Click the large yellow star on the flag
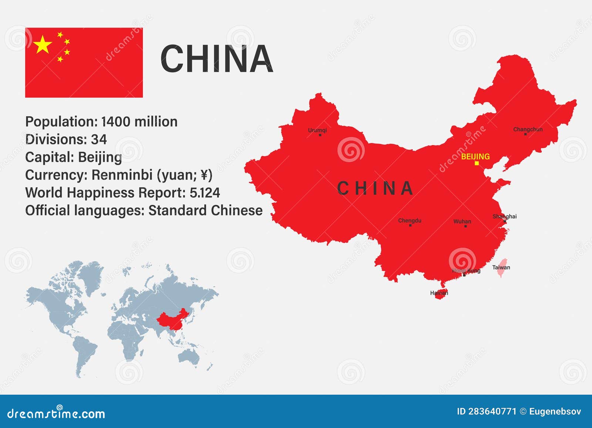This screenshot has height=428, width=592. click(43, 45)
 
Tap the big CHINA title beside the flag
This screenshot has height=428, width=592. click(216, 58)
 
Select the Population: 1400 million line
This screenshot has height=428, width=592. click(101, 122)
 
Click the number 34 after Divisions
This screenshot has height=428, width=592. click(99, 140)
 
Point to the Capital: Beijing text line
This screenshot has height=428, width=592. click(74, 157)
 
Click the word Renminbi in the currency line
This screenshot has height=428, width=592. click(122, 175)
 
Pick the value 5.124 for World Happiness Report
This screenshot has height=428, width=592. click(205, 193)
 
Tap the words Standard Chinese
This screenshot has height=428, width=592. click(205, 211)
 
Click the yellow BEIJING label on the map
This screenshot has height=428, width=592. click(475, 157)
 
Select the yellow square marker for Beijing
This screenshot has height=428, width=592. click(477, 163)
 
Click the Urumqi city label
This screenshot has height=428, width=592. click(317, 130)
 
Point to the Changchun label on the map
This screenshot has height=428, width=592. click(528, 129)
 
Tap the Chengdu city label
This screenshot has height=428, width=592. click(410, 221)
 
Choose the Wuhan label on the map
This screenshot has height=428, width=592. click(462, 221)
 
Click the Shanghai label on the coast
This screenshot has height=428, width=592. click(504, 216)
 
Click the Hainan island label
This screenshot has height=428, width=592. click(439, 293)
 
